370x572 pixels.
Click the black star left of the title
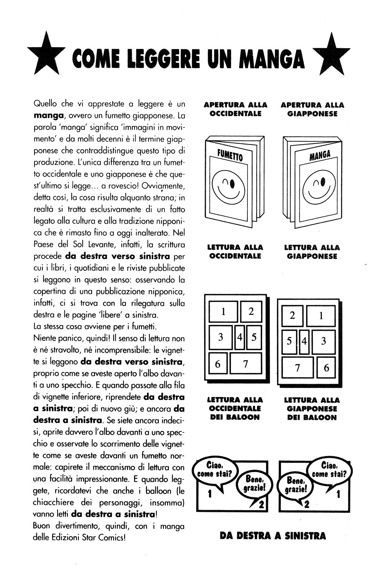point(45,55)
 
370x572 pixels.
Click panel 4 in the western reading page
point(240,337)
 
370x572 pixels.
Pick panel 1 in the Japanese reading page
point(321,316)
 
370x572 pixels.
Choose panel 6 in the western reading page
point(218,364)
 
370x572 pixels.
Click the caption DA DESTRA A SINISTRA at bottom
point(273,536)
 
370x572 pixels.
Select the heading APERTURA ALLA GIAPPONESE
point(312,109)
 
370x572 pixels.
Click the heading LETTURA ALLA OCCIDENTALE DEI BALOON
point(235,408)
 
